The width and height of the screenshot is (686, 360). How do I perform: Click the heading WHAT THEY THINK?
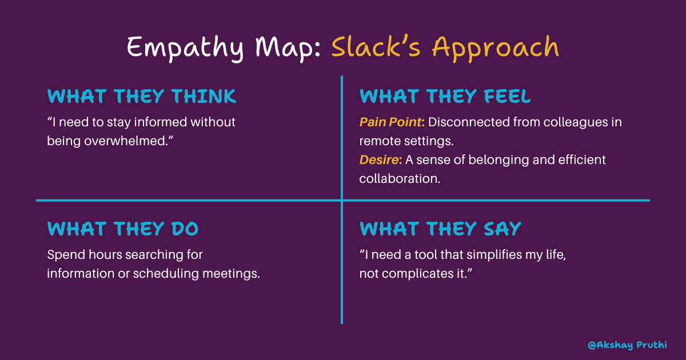click(x=141, y=97)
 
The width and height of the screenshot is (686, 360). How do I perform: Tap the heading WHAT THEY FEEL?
click(x=445, y=97)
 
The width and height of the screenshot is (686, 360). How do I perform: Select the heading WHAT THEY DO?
click(x=123, y=229)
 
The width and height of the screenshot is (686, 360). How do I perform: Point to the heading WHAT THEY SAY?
click(x=440, y=229)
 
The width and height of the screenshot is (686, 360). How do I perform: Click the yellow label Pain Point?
click(x=391, y=122)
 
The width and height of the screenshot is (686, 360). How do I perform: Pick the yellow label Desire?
click(x=378, y=160)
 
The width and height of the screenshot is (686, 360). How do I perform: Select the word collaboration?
click(x=400, y=178)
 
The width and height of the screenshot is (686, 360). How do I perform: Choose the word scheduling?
click(x=166, y=273)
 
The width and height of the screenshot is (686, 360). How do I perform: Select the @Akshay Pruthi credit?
click(x=627, y=345)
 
